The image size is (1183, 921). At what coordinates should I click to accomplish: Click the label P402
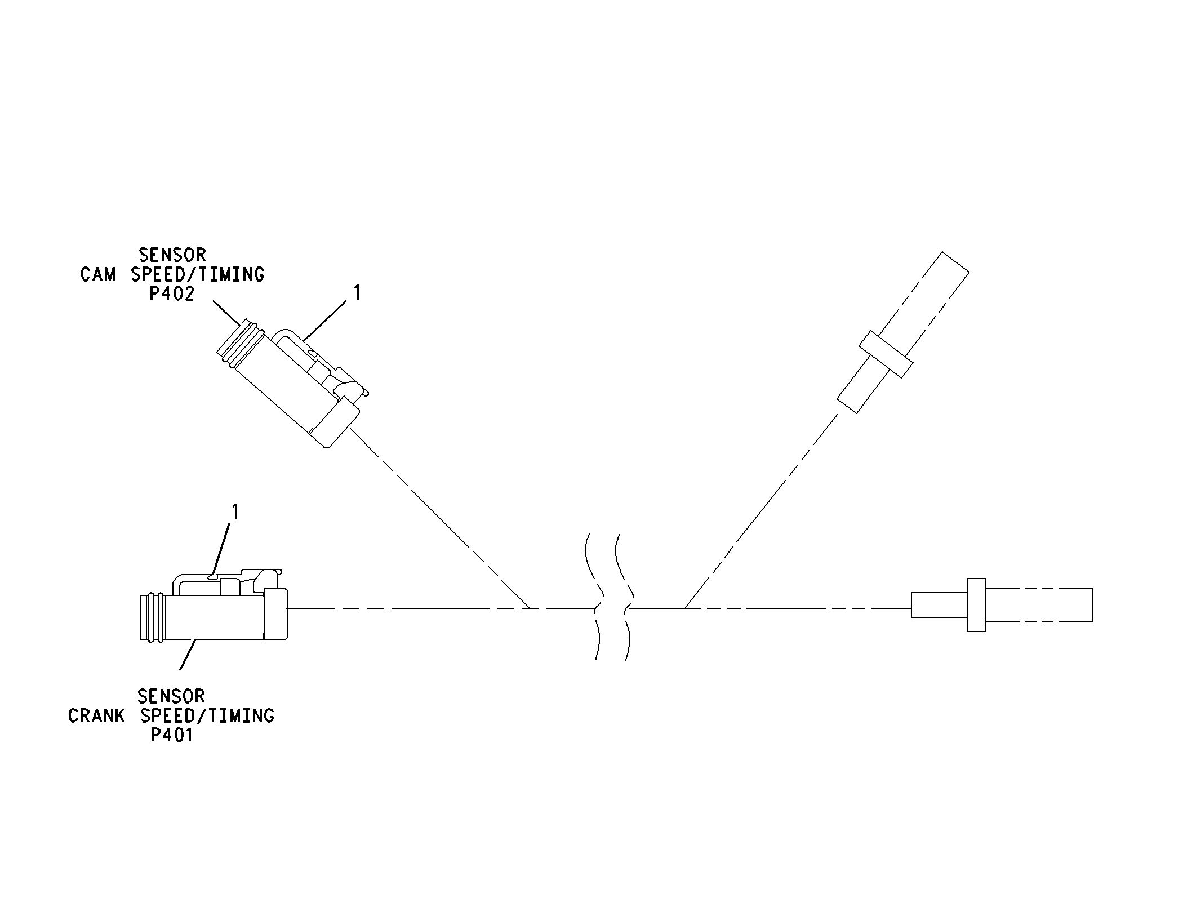(172, 293)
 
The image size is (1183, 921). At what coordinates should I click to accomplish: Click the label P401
(172, 735)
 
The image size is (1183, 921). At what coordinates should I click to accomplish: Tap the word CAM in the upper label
(98, 274)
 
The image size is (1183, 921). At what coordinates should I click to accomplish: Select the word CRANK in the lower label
(96, 715)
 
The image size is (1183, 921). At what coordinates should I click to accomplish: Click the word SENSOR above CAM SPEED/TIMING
(172, 255)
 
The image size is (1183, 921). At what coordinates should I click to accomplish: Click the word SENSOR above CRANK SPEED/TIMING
(171, 696)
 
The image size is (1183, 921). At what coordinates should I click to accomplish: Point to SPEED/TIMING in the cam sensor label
(198, 274)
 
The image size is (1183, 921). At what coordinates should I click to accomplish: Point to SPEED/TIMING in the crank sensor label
(207, 715)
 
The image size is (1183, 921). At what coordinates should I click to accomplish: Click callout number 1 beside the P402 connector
(357, 292)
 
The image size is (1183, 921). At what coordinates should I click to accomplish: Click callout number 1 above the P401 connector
(235, 511)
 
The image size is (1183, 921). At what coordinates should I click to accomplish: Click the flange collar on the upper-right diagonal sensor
(886, 354)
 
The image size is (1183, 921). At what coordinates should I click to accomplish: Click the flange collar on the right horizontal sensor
(976, 604)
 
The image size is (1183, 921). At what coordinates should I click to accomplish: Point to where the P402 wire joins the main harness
(530, 608)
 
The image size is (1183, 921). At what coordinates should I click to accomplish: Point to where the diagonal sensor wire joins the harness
(685, 608)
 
